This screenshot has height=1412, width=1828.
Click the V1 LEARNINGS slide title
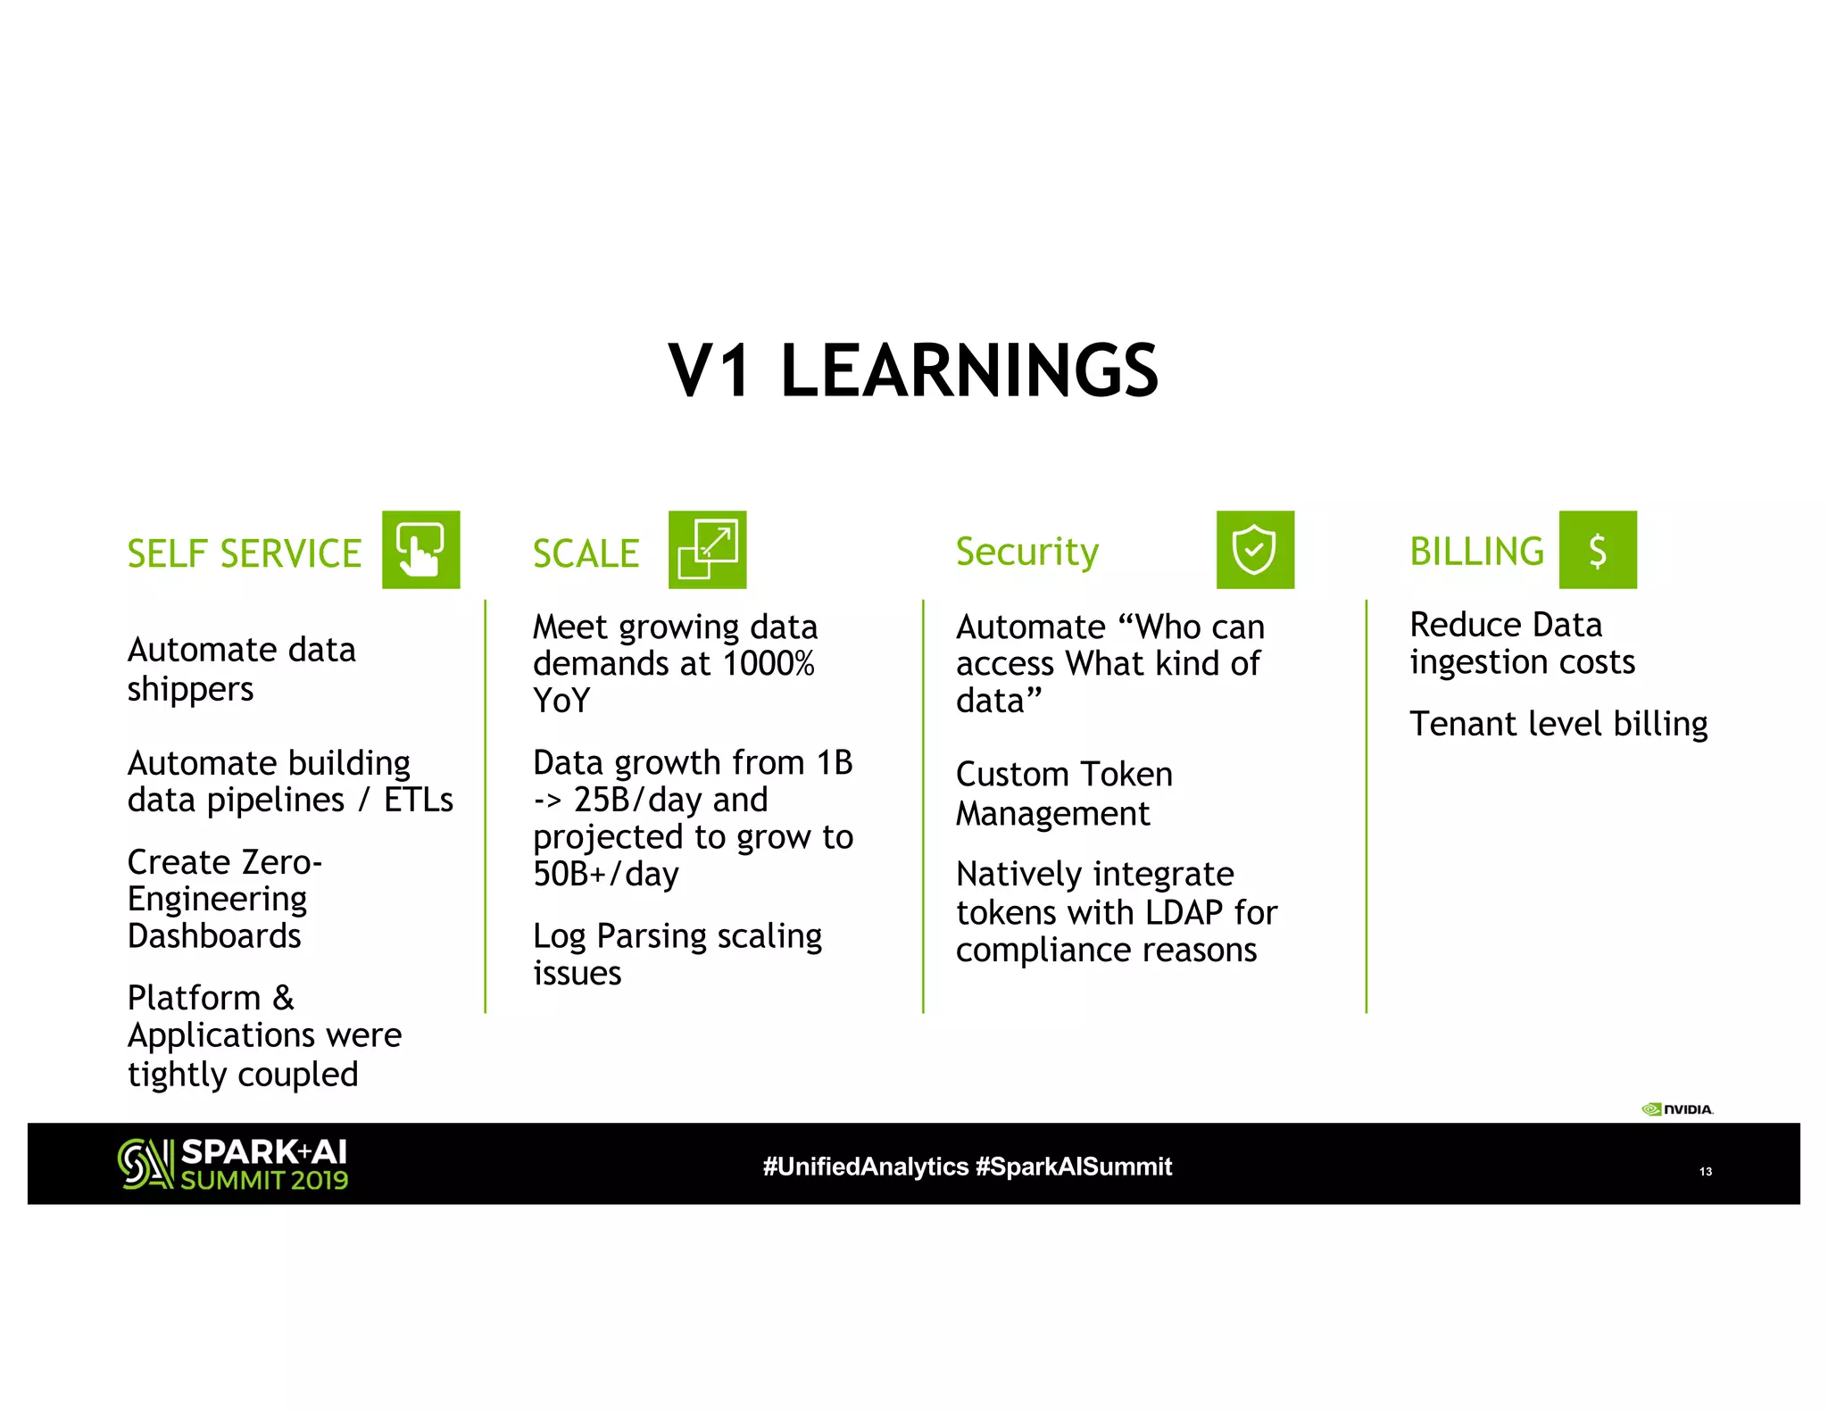tap(913, 370)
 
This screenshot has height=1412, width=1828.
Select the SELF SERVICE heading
tap(244, 553)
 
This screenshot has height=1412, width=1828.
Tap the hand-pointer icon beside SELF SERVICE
tap(420, 550)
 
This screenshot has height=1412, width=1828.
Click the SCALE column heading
tap(586, 553)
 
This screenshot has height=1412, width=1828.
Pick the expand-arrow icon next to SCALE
tap(707, 550)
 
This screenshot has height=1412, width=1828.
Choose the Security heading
tap(1026, 552)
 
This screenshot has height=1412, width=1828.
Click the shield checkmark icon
tap(1254, 550)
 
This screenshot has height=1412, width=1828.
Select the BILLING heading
tap(1476, 552)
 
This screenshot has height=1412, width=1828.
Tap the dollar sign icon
tap(1597, 550)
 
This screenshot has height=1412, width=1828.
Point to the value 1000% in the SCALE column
tap(768, 664)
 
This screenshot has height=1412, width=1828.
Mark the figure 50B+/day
tap(606, 874)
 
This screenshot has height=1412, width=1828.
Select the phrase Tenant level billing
tap(1558, 723)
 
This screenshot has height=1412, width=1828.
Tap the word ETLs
tap(418, 800)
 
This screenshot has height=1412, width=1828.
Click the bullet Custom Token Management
tap(1064, 793)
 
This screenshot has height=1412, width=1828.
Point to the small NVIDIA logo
tap(1677, 1109)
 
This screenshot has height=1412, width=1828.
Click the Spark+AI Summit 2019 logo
tap(233, 1164)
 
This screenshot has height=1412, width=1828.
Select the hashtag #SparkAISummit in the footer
tap(1073, 1167)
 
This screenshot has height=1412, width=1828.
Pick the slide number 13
tap(1705, 1171)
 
